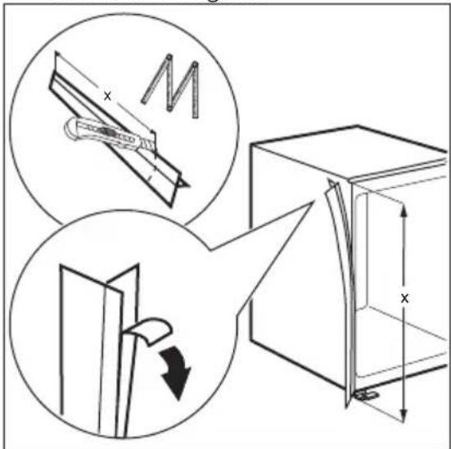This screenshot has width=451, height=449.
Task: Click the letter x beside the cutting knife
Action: [x=106, y=96]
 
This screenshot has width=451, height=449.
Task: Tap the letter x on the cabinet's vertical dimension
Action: [x=404, y=298]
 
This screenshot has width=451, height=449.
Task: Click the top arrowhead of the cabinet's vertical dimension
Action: [x=404, y=209]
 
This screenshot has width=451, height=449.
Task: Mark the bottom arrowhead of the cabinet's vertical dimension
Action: [x=404, y=414]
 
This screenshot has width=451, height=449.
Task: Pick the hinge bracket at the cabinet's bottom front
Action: [x=363, y=397]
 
